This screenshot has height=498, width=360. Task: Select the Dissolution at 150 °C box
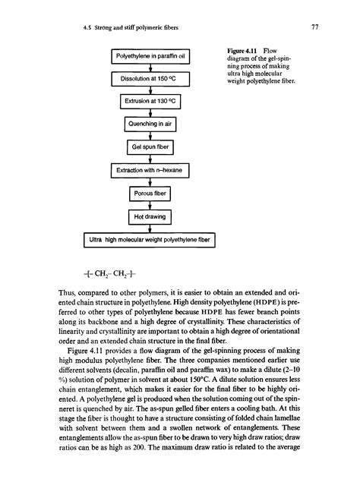[150, 77]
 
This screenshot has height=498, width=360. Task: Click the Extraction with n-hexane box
[150, 171]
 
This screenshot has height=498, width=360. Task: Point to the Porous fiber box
[150, 194]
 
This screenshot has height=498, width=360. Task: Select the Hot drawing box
[150, 217]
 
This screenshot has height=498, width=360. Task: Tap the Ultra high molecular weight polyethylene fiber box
[150, 241]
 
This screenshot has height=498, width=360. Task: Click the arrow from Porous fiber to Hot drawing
[150, 206]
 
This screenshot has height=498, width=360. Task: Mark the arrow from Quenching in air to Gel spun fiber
[150, 136]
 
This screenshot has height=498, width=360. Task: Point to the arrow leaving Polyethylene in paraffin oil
[150, 67]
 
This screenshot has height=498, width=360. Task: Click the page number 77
[314, 28]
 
